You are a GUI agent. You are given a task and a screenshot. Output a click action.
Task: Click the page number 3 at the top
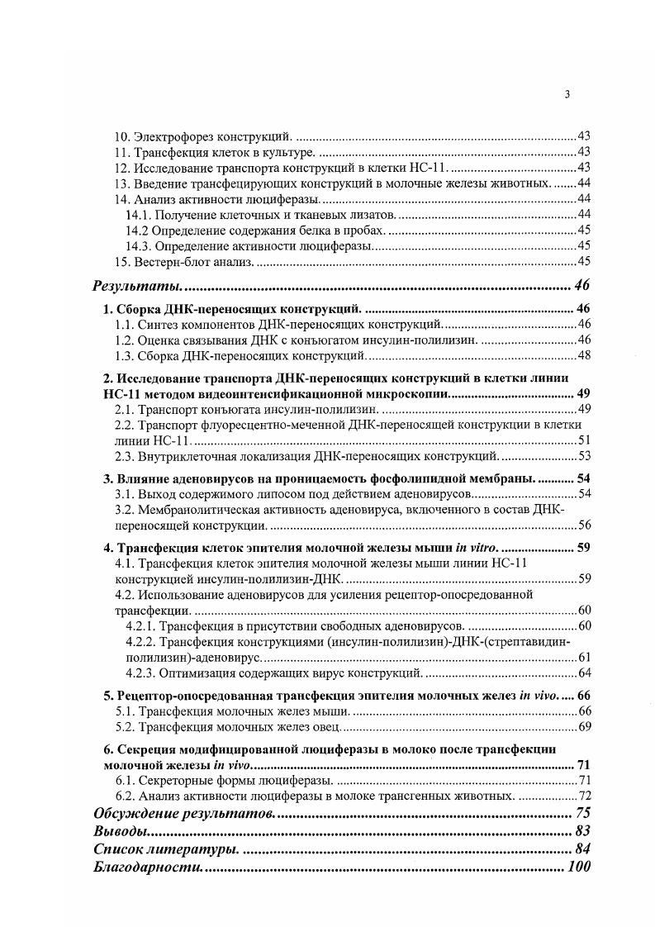[x=567, y=94]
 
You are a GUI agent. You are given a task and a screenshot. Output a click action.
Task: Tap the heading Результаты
[x=136, y=287]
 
